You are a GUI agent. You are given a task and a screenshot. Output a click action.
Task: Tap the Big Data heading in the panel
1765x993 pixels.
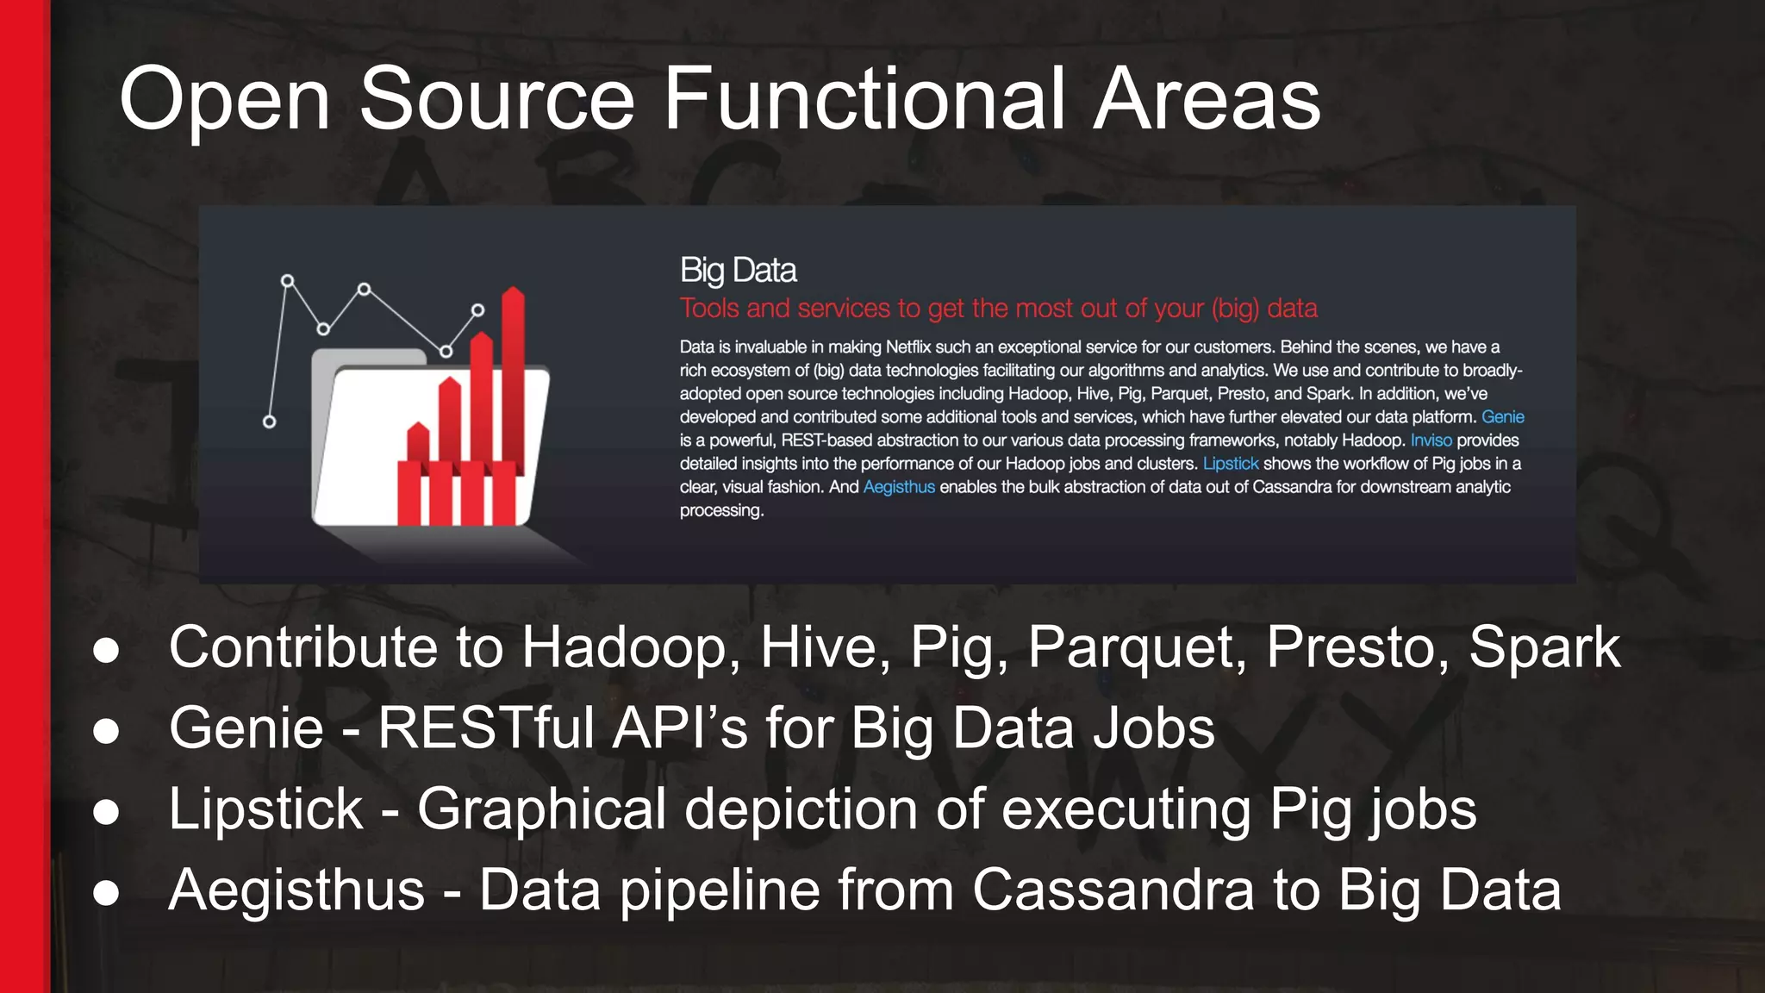pos(738,271)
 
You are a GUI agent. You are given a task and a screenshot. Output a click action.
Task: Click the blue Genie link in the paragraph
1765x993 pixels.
pos(1502,417)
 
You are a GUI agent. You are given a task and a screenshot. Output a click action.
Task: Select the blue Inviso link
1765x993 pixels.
pos(1431,440)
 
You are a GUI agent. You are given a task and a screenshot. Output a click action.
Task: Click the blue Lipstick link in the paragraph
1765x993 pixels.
pos(1230,464)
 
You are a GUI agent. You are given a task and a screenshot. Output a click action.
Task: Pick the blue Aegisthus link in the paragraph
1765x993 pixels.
pos(898,487)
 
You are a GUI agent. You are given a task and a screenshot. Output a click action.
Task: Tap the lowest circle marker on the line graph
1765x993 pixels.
pos(270,422)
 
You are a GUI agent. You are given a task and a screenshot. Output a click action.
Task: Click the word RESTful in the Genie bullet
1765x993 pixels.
pos(485,728)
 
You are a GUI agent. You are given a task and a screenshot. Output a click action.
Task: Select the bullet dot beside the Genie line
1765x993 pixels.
pos(106,731)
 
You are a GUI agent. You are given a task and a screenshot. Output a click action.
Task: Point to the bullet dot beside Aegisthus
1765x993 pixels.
pos(106,893)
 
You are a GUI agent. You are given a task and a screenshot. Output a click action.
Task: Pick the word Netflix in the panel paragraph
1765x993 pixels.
pos(908,347)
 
